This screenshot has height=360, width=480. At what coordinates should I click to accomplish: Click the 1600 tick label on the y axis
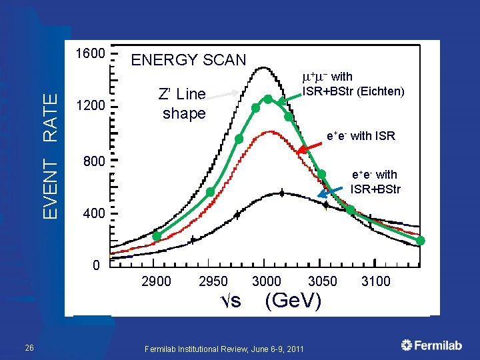tap(89, 53)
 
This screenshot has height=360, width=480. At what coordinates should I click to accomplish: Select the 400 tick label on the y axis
tap(93, 214)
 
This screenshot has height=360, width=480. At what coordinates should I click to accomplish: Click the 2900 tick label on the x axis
tap(156, 281)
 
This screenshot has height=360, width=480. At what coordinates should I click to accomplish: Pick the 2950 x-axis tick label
tap(213, 281)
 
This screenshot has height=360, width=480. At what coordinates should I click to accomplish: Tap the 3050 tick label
tap(323, 281)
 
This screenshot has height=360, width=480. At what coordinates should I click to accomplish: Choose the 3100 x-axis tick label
tap(376, 281)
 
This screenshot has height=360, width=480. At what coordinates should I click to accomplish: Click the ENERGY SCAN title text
tap(189, 60)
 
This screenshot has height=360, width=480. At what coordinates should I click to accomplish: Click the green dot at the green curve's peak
tap(268, 99)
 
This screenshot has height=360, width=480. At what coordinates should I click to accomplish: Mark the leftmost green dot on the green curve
tap(157, 236)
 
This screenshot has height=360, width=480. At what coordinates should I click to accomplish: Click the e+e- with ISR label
tap(361, 137)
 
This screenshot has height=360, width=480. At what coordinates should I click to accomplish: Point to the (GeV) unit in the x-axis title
tap(293, 301)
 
